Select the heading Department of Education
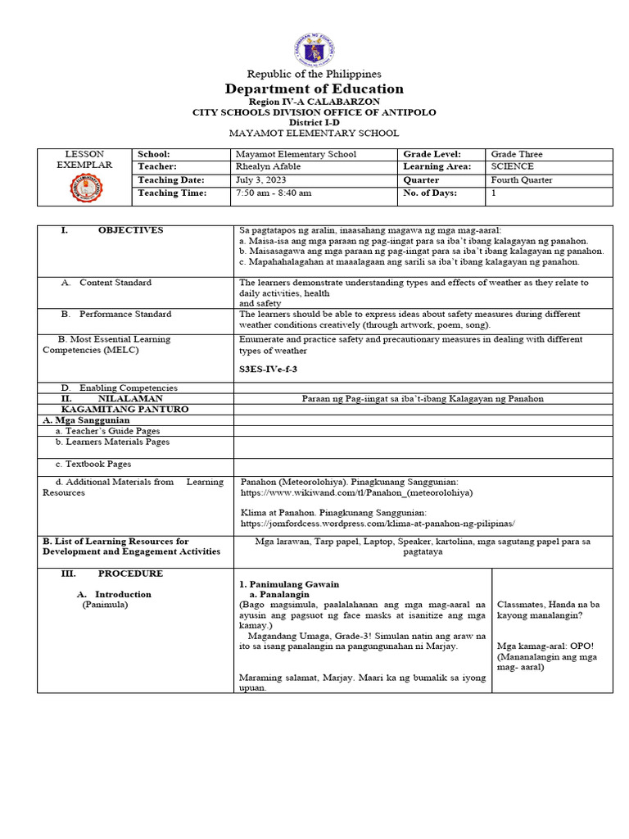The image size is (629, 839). (x=314, y=88)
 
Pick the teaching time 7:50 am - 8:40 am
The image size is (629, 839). (x=273, y=193)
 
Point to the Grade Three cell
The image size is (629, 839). (x=516, y=154)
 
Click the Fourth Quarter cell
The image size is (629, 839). (x=522, y=180)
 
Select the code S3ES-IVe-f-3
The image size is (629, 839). (x=268, y=370)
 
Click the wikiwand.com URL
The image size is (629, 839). (x=356, y=494)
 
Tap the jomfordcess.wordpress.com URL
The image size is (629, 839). (x=378, y=522)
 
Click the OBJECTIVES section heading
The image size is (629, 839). (x=130, y=230)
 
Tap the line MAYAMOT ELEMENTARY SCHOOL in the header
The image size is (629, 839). (x=314, y=133)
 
